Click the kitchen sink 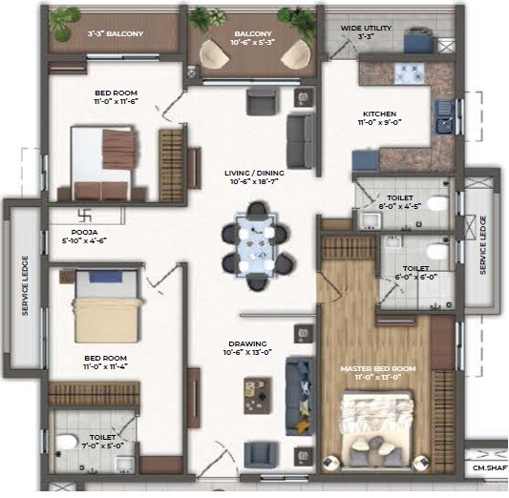[444, 123]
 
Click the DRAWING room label [246, 344]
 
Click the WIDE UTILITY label [366, 28]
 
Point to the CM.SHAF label [489, 468]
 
